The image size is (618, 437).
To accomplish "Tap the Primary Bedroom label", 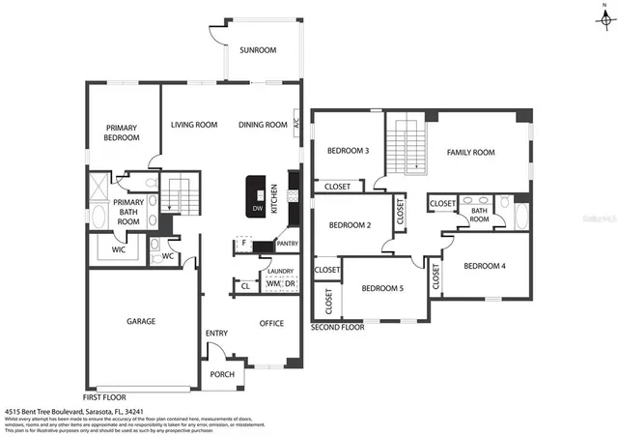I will pyautogui.click(x=122, y=132).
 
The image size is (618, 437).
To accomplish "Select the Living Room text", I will pyautogui.click(x=194, y=125).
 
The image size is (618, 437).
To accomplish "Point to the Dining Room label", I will pyautogui.click(x=263, y=125).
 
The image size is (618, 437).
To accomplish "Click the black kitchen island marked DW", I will pyautogui.click(x=257, y=196).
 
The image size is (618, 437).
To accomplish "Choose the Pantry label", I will pyautogui.click(x=287, y=244).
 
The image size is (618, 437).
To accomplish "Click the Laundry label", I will pyautogui.click(x=280, y=272).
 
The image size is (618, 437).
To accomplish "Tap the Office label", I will pyautogui.click(x=271, y=323).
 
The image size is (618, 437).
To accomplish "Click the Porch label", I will pyautogui.click(x=220, y=375).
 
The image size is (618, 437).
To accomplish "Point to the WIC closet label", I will pyautogui.click(x=118, y=249).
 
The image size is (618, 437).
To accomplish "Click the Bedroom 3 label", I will pyautogui.click(x=347, y=151).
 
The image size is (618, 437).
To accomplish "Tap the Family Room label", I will pyautogui.click(x=470, y=152).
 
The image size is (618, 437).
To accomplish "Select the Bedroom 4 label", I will pyautogui.click(x=484, y=266).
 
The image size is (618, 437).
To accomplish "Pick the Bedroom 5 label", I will pyautogui.click(x=382, y=288).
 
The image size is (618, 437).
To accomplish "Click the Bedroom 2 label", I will pyautogui.click(x=350, y=224).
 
